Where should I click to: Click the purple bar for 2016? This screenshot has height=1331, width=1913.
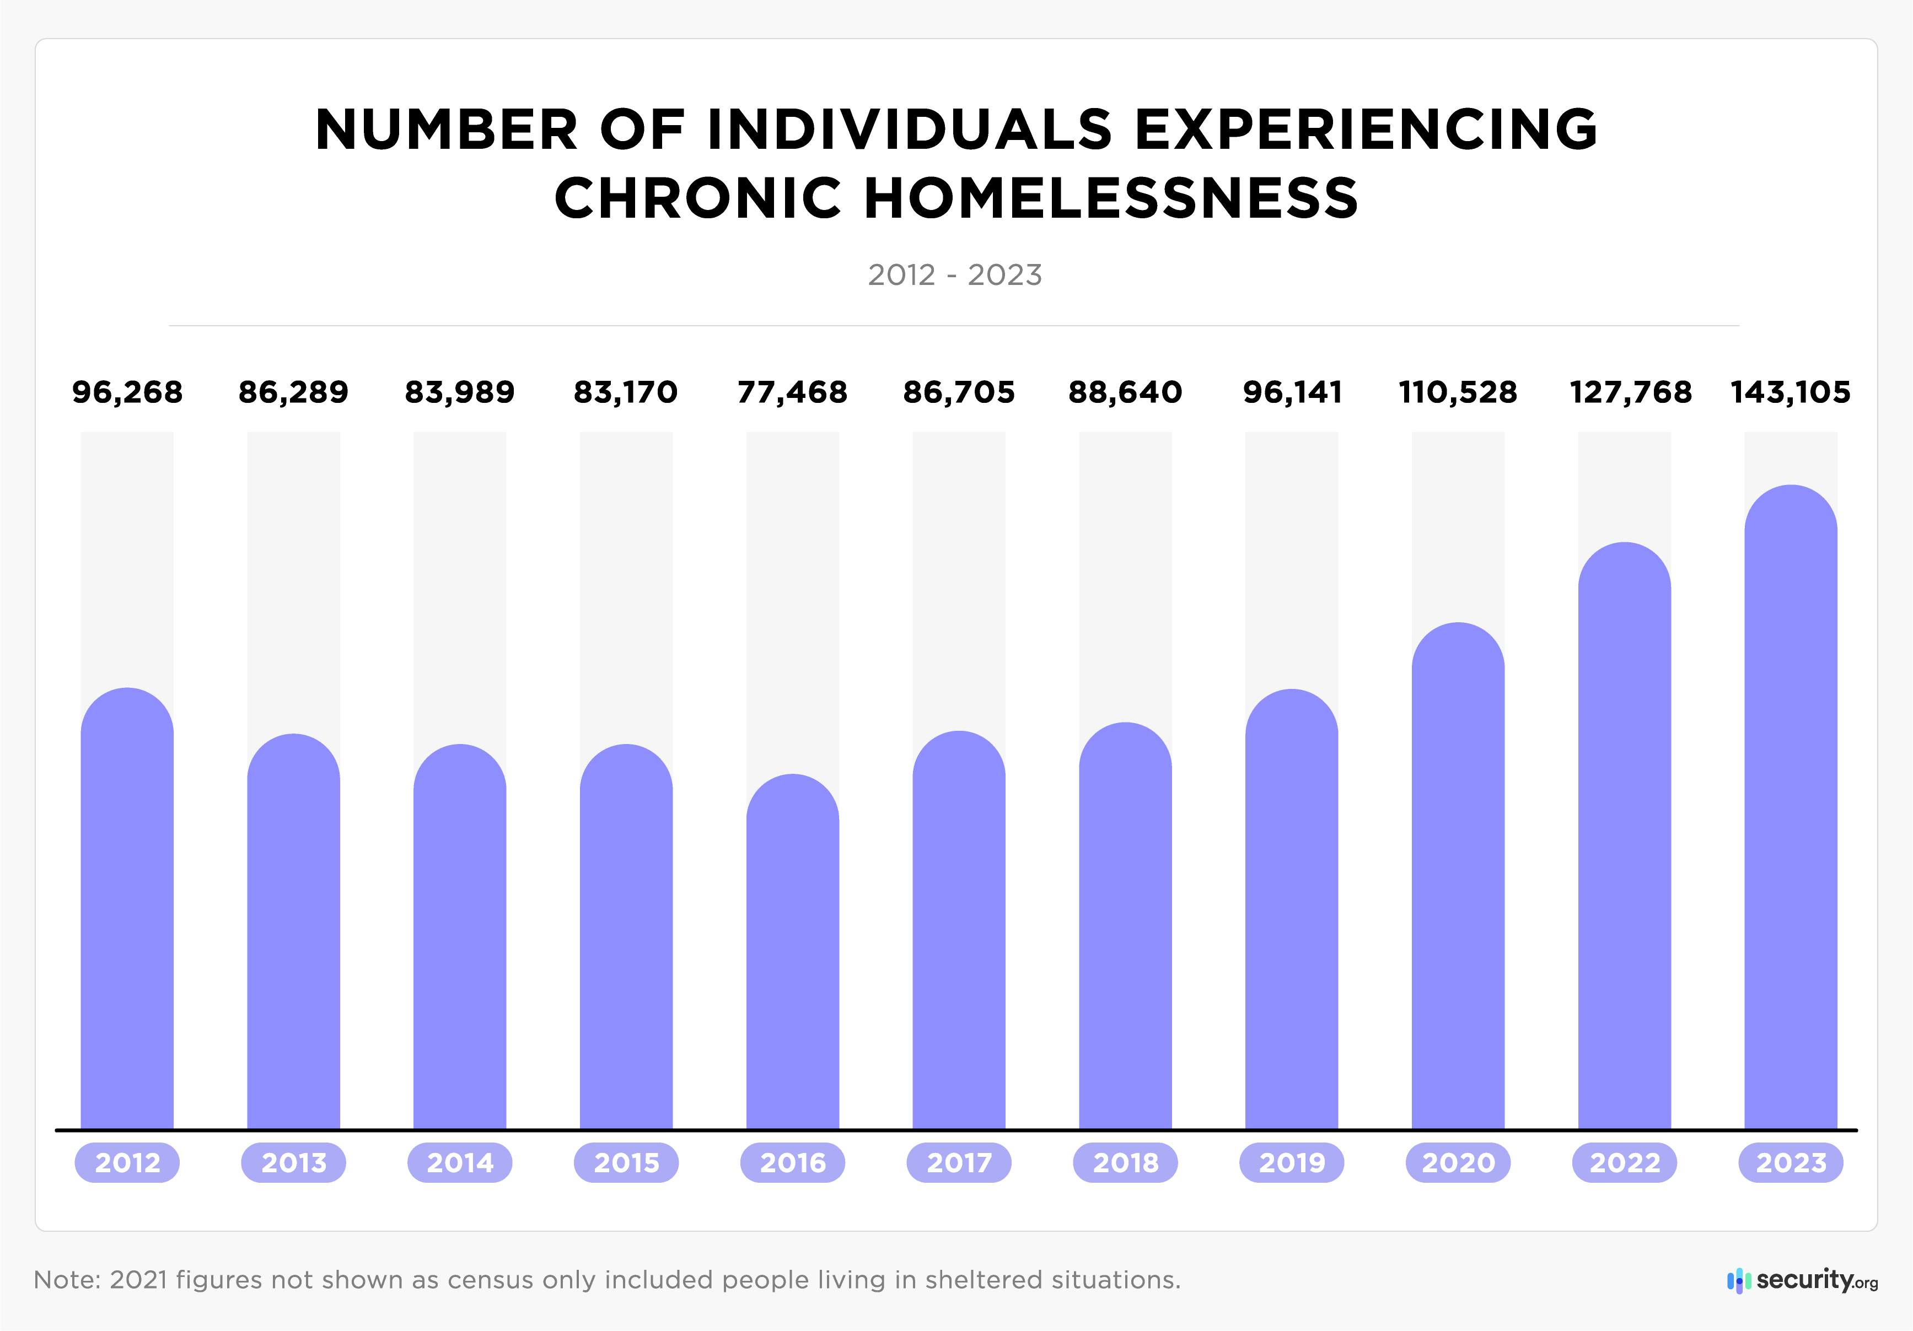[x=792, y=953]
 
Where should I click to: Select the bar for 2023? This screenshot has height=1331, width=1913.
[x=1791, y=808]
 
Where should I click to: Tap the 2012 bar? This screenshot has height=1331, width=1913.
[x=127, y=908]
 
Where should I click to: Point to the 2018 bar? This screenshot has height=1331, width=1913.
[x=1125, y=925]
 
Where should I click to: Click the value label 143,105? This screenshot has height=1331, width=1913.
[x=1791, y=392]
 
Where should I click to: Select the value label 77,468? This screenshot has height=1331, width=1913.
[x=792, y=392]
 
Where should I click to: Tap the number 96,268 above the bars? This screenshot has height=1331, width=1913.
[x=127, y=392]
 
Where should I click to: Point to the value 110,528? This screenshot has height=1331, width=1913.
[x=1458, y=392]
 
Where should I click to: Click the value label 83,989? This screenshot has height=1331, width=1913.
[x=460, y=392]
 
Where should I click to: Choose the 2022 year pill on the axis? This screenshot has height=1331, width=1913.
[x=1624, y=1163]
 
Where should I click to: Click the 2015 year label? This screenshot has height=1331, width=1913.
[x=626, y=1163]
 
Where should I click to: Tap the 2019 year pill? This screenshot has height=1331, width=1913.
[x=1292, y=1163]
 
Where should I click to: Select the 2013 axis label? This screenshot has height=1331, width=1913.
[x=293, y=1163]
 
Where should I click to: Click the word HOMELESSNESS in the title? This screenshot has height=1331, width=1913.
[x=1111, y=198]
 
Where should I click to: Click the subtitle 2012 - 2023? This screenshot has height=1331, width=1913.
[x=955, y=275]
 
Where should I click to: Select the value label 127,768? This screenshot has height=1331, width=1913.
[x=1631, y=392]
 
